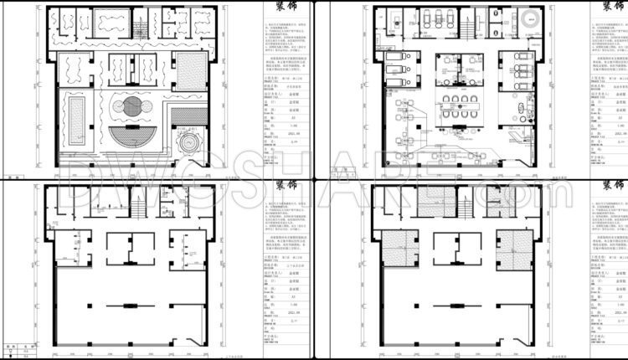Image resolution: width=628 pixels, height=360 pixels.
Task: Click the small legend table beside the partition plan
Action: [x=20, y=347]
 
